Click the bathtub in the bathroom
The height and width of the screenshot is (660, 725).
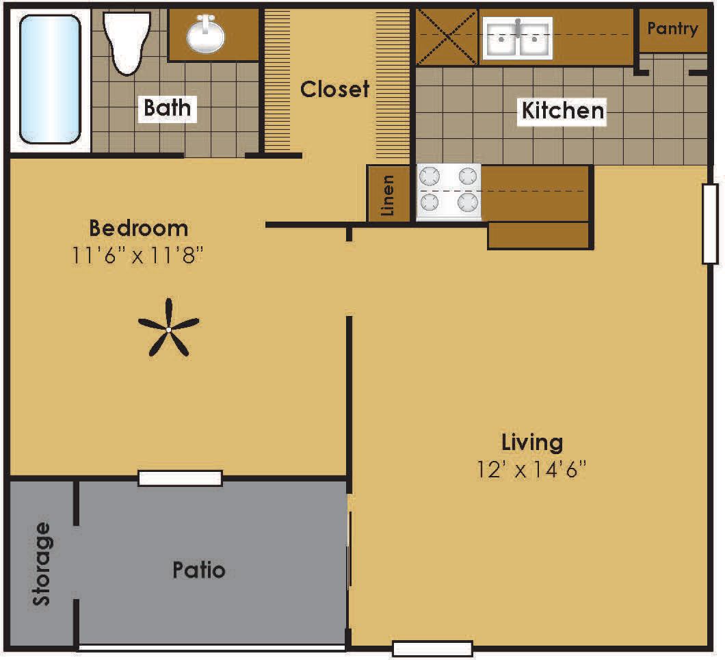(x=50, y=79)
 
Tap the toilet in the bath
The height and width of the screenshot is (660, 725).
(x=127, y=41)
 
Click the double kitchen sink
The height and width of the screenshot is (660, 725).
(x=518, y=38)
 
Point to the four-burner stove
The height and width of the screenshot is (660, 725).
(x=449, y=192)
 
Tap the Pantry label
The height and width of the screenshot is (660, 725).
(x=672, y=29)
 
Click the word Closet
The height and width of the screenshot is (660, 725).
(x=334, y=89)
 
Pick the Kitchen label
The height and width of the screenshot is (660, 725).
(x=563, y=110)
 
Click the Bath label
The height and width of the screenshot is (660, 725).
(x=168, y=108)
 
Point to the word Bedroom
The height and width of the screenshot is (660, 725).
(x=138, y=227)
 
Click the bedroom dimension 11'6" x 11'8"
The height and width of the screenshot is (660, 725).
(x=138, y=256)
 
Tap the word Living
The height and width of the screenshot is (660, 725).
(x=532, y=442)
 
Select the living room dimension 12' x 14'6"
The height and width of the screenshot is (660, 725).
(x=532, y=470)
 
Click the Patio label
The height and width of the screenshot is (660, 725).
(x=199, y=570)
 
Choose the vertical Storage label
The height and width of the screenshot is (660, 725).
(x=42, y=564)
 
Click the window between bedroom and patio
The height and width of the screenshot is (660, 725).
(x=180, y=478)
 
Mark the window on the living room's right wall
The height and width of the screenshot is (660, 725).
(x=709, y=224)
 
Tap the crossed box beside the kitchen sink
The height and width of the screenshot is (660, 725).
(x=447, y=37)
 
